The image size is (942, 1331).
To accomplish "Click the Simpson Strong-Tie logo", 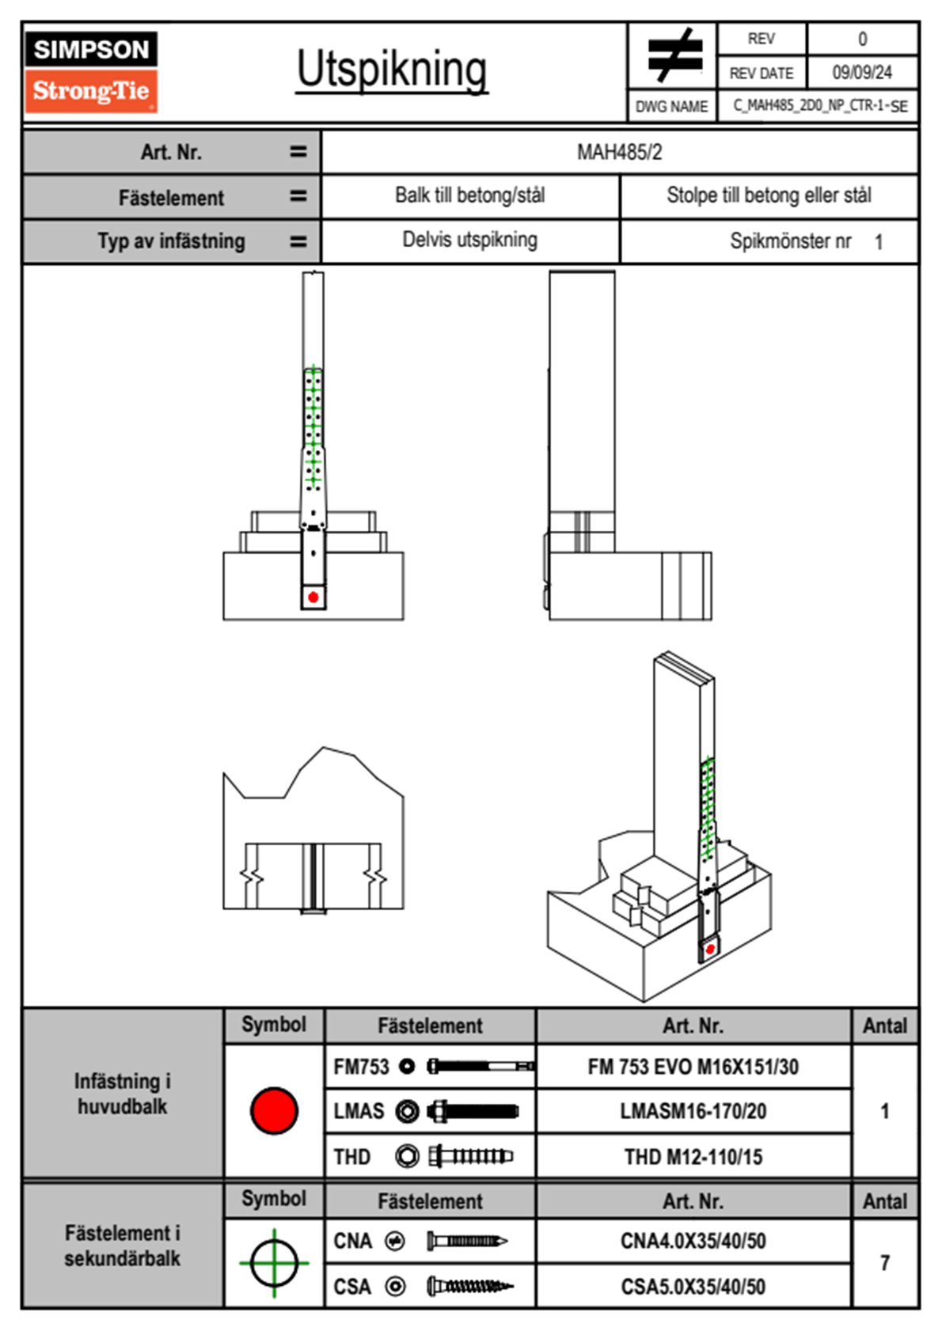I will (91, 71).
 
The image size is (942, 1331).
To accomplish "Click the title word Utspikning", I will (392, 70).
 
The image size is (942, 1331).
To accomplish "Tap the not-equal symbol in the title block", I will (674, 55).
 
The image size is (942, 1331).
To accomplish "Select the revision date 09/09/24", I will (861, 73).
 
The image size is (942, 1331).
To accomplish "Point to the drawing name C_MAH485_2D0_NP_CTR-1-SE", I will (819, 106).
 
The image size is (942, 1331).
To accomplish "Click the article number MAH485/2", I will (619, 152).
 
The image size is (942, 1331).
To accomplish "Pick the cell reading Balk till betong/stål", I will (469, 195).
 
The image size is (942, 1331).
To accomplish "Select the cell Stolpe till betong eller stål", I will (769, 195).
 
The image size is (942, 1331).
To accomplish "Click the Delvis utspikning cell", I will (469, 240).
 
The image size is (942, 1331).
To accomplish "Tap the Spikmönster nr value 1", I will (879, 242).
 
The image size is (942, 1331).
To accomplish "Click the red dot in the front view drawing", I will (313, 597).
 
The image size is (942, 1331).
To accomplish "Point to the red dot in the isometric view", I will (710, 949).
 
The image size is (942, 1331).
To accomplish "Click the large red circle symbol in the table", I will (274, 1110).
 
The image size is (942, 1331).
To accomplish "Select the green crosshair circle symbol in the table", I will (274, 1263).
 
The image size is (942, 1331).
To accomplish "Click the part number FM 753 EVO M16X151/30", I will (693, 1067).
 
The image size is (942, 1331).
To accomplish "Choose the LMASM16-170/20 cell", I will (693, 1111).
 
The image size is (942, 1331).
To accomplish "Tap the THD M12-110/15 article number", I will (693, 1157).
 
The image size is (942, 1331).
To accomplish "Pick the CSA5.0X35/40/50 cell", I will (693, 1287).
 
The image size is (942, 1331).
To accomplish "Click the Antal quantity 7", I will (884, 1263).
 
